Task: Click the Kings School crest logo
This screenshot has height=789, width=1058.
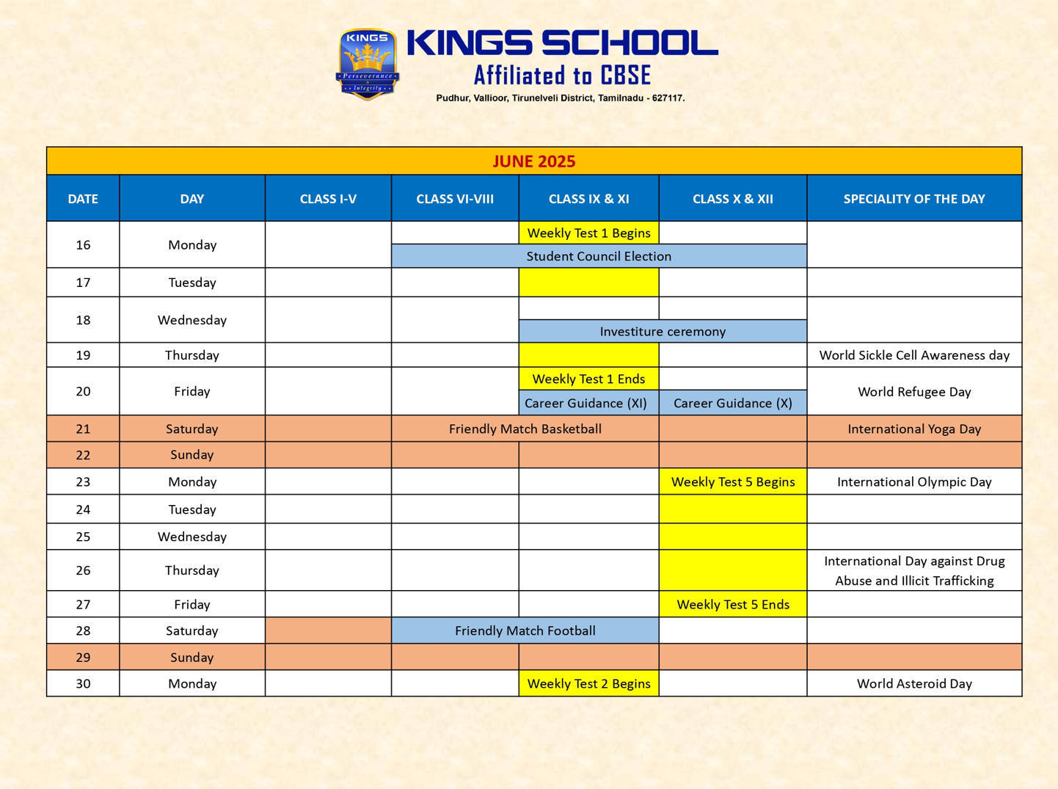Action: pyautogui.click(x=368, y=64)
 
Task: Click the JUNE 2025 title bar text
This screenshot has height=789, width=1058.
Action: pyautogui.click(x=533, y=161)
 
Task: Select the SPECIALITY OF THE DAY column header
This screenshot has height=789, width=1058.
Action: pyautogui.click(x=913, y=199)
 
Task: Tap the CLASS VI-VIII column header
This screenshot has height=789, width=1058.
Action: pyautogui.click(x=455, y=199)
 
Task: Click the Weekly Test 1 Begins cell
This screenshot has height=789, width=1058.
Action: pyautogui.click(x=588, y=233)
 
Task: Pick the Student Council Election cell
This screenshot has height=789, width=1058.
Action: pyautogui.click(x=599, y=256)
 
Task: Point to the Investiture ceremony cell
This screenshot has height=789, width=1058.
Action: pyautogui.click(x=663, y=331)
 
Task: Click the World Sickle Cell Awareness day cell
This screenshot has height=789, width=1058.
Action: pyautogui.click(x=914, y=355)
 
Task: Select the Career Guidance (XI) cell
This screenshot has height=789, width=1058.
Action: pyautogui.click(x=585, y=403)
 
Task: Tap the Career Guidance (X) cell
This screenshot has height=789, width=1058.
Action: pyautogui.click(x=732, y=403)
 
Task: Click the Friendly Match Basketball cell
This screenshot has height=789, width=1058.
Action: pyautogui.click(x=525, y=429)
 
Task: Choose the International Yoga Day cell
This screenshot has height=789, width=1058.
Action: pyautogui.click(x=914, y=429)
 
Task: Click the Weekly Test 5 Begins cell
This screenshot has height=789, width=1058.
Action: pyautogui.click(x=732, y=481)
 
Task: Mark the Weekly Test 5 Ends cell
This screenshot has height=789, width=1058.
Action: pyautogui.click(x=732, y=604)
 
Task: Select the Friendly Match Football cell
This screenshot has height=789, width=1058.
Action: pyautogui.click(x=525, y=630)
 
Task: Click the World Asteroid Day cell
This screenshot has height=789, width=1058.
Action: pyautogui.click(x=914, y=683)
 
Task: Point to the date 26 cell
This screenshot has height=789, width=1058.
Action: pyautogui.click(x=83, y=570)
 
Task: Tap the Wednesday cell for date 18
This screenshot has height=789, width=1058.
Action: pyautogui.click(x=191, y=320)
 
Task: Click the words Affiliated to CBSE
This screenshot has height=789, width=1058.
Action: pyautogui.click(x=562, y=76)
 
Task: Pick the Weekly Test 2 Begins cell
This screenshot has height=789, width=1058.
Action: pyautogui.click(x=588, y=683)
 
